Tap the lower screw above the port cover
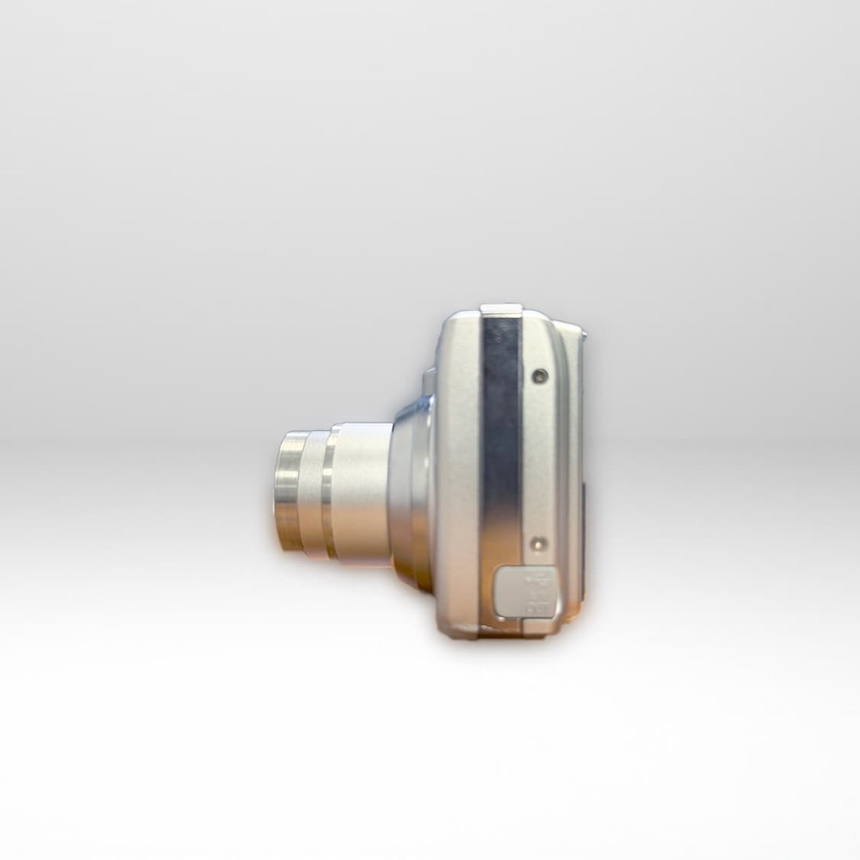pos(539,544)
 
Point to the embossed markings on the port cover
pos(541,592)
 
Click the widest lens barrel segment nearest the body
pos(363,493)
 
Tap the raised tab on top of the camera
pos(501,309)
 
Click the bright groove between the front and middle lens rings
pos(306,493)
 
